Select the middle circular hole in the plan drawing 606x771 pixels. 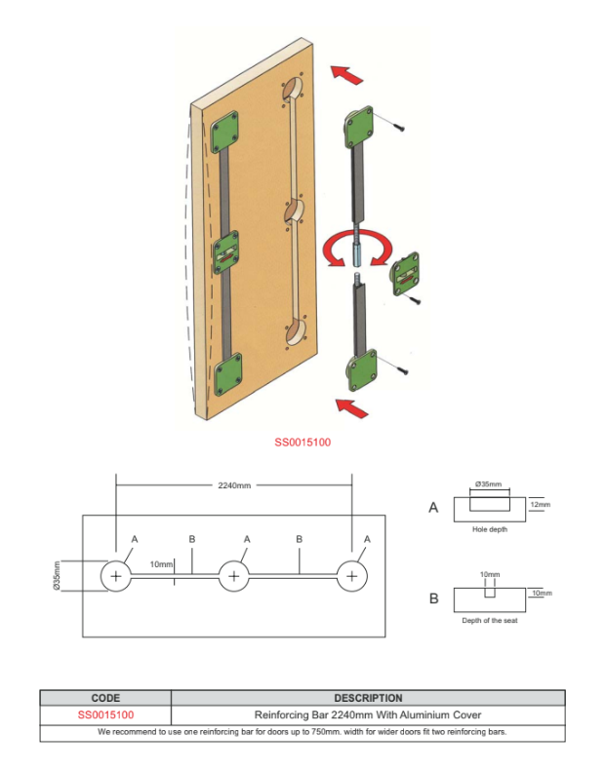click(234, 576)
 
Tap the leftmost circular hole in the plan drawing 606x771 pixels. click(116, 576)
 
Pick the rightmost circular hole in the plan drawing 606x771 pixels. click(352, 576)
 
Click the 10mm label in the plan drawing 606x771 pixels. click(162, 564)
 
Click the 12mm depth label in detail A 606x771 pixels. click(540, 505)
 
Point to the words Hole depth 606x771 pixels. click(489, 529)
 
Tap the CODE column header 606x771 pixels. click(105, 698)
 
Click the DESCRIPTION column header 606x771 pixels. click(368, 698)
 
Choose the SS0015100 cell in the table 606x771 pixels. click(105, 714)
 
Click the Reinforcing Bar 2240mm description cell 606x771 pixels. click(368, 714)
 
